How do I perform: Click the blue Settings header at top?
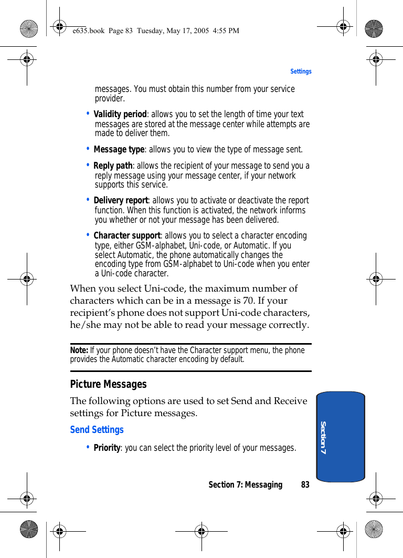pos(301,71)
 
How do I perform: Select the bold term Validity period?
pos(120,114)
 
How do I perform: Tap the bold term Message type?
pos(119,150)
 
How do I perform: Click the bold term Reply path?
pos(113,166)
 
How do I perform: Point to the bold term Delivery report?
pos(121,201)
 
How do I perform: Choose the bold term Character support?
pos(126,236)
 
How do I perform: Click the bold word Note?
pos(79,350)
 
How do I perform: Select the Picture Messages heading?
pos(108,384)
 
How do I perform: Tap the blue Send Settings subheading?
pos(97,430)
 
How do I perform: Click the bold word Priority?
pos(107,448)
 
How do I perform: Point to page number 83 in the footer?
pos(305,485)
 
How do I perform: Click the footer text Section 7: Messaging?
pos(245,485)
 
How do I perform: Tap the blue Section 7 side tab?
pos(341,437)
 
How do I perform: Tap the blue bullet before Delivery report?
pos(88,200)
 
